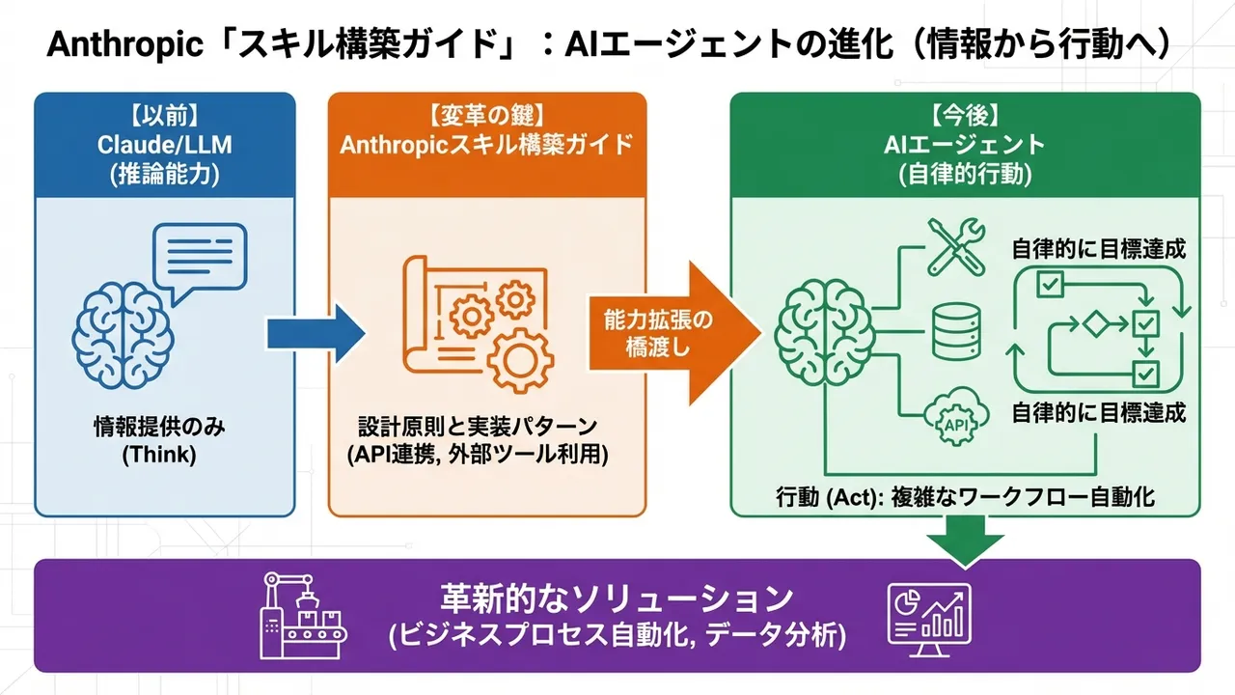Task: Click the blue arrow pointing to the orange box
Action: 315,333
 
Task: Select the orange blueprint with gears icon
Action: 479,322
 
